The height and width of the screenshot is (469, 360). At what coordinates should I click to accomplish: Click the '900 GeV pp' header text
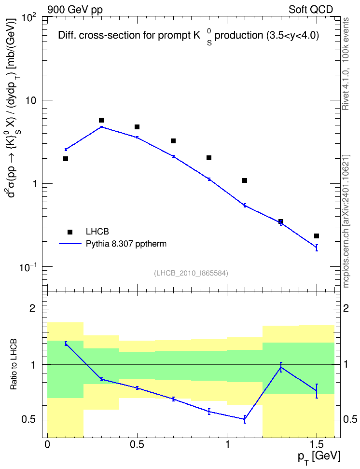point(75,10)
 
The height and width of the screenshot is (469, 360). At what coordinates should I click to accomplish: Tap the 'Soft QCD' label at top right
point(311,10)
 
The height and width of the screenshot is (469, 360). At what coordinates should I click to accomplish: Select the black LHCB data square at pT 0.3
point(101,120)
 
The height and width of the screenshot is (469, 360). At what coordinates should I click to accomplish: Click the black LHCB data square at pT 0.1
point(66,159)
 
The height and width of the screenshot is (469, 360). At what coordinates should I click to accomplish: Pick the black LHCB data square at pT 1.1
point(245,180)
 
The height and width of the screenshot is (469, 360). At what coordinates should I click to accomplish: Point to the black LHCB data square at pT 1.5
point(316,236)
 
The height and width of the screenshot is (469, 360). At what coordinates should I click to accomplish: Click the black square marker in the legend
point(70,232)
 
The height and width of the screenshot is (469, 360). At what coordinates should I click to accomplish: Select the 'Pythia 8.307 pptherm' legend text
point(126,244)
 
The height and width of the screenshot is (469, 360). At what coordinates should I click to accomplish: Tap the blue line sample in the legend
point(70,244)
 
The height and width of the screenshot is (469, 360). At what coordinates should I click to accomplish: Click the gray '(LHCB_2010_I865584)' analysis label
point(191,273)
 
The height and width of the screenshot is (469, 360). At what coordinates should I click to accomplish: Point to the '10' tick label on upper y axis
point(30,100)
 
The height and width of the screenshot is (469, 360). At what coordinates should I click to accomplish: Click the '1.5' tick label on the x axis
point(317,444)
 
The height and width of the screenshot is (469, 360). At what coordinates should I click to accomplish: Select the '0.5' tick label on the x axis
point(137,444)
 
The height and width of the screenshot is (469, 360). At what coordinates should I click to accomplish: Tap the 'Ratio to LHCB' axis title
point(14,364)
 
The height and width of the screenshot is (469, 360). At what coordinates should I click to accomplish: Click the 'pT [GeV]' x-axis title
point(319,457)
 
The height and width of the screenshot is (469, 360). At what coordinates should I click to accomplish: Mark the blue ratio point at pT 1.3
point(281,367)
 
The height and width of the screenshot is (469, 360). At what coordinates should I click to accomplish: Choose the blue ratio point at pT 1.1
point(245,419)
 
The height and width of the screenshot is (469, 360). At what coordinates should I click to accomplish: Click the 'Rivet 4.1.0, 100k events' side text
point(346,64)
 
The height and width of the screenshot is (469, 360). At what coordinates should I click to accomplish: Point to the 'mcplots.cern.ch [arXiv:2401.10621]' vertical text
point(346,221)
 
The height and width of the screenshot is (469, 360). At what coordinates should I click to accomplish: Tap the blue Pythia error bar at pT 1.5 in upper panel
point(317,248)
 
